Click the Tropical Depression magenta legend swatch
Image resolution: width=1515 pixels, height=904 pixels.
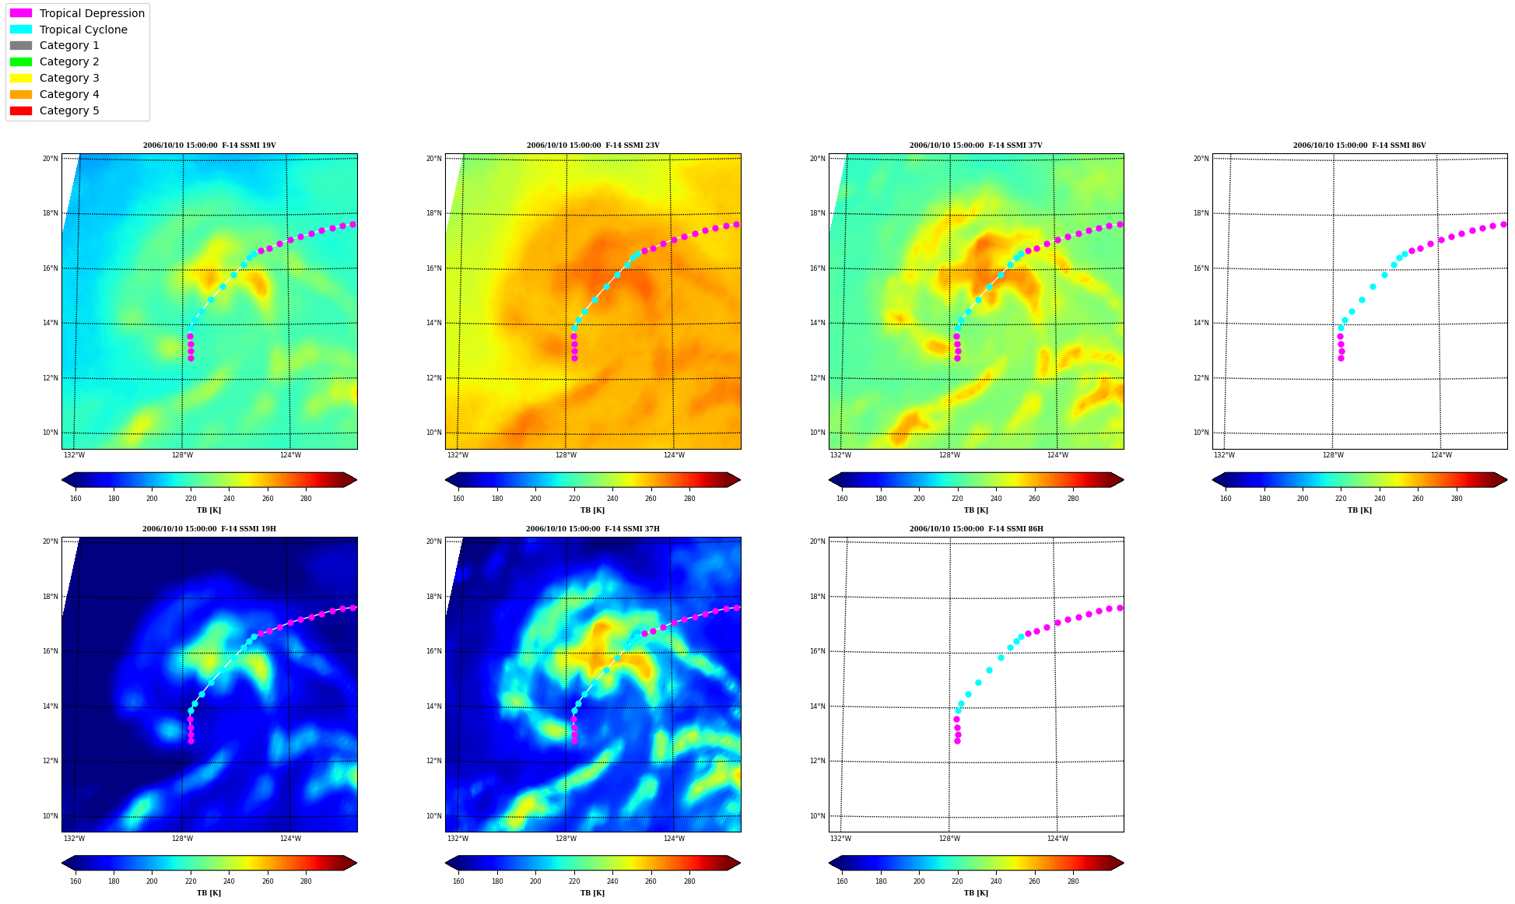point(21,13)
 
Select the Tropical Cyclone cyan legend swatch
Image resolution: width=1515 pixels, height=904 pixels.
point(21,30)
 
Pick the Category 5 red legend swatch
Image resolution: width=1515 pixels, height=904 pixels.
point(21,110)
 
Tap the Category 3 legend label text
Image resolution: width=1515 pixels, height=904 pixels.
point(69,78)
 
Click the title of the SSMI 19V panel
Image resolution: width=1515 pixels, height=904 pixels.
point(209,145)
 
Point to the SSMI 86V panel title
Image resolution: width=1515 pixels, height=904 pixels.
point(1359,145)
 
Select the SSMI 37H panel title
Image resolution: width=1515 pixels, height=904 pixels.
point(593,529)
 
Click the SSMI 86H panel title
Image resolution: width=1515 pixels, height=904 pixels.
point(977,529)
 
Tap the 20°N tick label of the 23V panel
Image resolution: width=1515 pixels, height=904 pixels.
point(434,159)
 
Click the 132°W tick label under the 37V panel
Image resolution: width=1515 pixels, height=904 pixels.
point(841,455)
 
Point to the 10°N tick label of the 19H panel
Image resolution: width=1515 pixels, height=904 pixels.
point(51,816)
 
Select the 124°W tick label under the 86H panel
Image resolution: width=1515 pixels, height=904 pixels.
point(1057,839)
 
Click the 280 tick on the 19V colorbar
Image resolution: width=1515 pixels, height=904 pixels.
point(306,499)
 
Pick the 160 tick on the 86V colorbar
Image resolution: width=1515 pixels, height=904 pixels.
point(1226,499)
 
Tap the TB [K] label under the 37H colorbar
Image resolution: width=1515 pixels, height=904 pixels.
point(593,893)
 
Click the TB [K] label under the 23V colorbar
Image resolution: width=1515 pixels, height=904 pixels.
point(593,510)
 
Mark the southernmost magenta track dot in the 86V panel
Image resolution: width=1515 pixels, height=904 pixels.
point(1341,358)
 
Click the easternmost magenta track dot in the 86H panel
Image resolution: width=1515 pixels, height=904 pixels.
point(1120,608)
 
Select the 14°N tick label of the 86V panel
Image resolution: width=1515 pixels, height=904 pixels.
point(1201,323)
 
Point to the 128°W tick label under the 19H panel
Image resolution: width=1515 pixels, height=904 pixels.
point(182,839)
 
